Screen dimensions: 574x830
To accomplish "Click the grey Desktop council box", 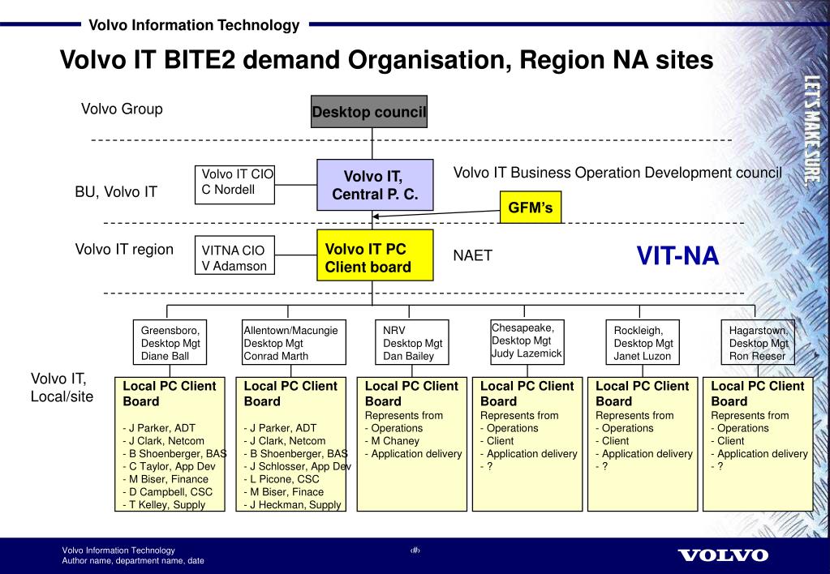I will click(369, 112).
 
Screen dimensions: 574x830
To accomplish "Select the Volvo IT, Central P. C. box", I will click(372, 185).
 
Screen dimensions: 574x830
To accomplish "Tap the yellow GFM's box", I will click(530, 208).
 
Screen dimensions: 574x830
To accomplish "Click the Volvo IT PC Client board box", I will click(368, 258).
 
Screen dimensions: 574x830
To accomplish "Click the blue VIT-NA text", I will click(677, 256).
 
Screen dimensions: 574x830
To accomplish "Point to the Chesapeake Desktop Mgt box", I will click(526, 341).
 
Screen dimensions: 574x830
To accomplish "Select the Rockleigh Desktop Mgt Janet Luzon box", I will click(643, 343).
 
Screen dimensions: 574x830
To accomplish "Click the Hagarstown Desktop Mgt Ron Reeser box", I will click(758, 343).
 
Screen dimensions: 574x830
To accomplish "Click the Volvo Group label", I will click(122, 109).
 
